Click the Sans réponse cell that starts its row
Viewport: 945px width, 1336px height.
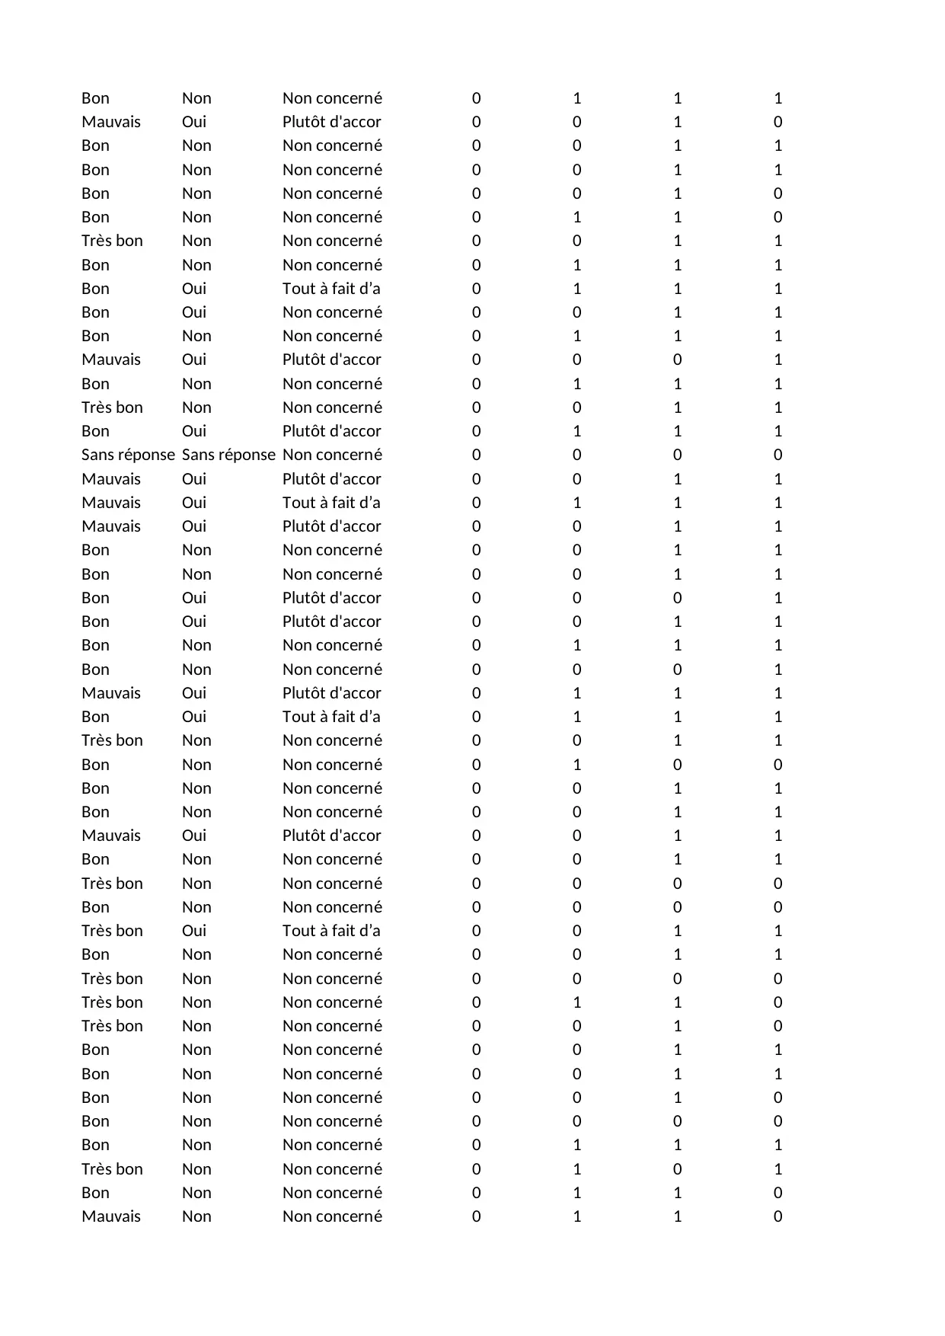tap(128, 455)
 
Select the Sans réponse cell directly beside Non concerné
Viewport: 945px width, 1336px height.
tap(228, 455)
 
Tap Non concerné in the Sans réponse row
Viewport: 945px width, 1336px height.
tap(332, 455)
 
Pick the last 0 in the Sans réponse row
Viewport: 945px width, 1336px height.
tap(777, 455)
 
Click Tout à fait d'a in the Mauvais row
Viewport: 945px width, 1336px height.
tap(331, 503)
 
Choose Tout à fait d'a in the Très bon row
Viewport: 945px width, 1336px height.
tap(331, 931)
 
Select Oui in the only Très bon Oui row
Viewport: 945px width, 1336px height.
tap(194, 931)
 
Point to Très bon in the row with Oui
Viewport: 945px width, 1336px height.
tap(112, 931)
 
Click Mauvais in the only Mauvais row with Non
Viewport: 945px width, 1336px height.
tap(111, 1216)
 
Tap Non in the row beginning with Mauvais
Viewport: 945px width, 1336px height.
tap(196, 1216)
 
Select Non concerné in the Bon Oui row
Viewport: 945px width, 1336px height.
tap(332, 312)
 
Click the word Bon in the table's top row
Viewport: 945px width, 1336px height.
tap(95, 98)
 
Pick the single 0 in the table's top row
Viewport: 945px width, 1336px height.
tap(477, 98)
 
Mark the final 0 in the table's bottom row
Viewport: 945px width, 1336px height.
tap(777, 1216)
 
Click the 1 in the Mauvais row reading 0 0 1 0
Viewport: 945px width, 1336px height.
tap(677, 122)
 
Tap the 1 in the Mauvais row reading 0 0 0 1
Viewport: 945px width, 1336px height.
tap(777, 360)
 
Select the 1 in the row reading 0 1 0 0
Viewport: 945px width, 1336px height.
tap(576, 765)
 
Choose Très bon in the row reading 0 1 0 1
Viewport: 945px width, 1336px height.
tap(112, 1169)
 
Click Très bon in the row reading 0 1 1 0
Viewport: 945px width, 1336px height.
tap(112, 1002)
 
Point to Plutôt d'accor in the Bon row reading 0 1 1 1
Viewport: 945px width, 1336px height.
tap(331, 431)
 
